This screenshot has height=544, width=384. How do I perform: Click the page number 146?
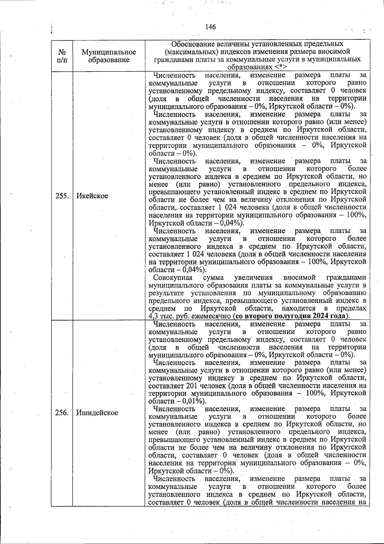click(x=211, y=27)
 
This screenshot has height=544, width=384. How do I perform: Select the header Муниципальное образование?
click(x=109, y=56)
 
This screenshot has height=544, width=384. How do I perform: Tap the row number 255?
click(x=62, y=196)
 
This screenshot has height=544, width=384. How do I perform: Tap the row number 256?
click(x=62, y=413)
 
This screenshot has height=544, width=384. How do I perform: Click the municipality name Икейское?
click(x=92, y=196)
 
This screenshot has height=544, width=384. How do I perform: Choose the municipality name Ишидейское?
click(x=97, y=413)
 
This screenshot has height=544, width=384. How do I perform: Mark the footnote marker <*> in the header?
click(x=280, y=67)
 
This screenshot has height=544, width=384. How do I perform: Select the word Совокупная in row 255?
click(x=173, y=278)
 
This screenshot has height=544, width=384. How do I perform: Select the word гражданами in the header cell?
click(x=169, y=60)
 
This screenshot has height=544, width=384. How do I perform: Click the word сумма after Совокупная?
click(x=213, y=278)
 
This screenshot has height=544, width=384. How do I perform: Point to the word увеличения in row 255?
click(x=253, y=278)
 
